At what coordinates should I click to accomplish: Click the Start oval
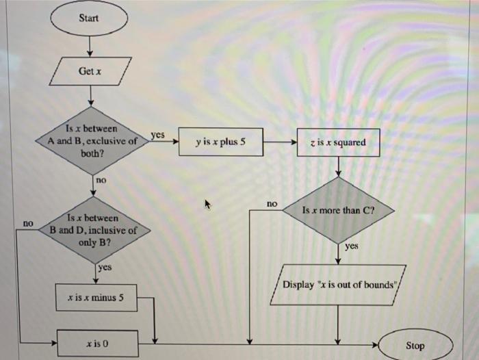tap(90, 18)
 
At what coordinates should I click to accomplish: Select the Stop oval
tap(414, 345)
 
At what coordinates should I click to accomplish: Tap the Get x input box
tap(90, 71)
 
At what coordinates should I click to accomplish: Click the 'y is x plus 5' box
tap(220, 142)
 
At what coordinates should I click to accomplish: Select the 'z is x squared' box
tap(338, 142)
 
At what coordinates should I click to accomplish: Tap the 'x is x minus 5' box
tap(96, 298)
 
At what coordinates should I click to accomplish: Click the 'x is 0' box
tap(96, 339)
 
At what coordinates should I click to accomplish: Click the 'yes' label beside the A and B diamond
tap(157, 136)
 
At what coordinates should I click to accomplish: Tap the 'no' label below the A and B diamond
tap(101, 180)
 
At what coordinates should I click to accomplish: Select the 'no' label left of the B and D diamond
tap(28, 223)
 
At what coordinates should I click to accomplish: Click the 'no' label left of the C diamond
tap(272, 204)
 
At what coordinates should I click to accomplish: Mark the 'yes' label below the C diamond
tap(352, 246)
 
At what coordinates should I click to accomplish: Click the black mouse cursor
tap(208, 204)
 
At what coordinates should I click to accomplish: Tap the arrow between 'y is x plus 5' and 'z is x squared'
tap(279, 142)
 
